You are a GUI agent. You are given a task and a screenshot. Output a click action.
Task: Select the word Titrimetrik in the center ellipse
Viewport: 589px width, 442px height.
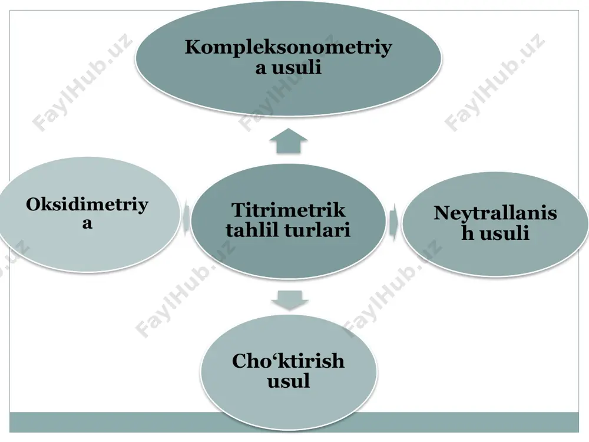(x=288, y=210)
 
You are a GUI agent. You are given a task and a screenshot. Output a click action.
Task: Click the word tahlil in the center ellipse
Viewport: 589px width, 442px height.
(x=253, y=230)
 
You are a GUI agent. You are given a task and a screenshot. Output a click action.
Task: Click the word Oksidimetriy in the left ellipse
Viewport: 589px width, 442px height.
(x=87, y=206)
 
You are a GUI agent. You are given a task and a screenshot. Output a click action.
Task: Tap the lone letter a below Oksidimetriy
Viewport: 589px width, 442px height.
(x=87, y=223)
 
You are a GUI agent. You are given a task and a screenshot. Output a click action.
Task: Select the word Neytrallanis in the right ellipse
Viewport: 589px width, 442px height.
(x=495, y=213)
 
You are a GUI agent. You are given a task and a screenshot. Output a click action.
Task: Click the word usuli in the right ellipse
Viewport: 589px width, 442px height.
(x=505, y=233)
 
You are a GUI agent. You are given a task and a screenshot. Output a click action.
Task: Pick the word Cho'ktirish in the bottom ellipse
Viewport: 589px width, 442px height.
(x=288, y=361)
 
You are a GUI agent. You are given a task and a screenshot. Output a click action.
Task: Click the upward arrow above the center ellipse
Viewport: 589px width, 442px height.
(x=289, y=141)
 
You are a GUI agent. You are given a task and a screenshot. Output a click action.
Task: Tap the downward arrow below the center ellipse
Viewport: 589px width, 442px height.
(x=290, y=300)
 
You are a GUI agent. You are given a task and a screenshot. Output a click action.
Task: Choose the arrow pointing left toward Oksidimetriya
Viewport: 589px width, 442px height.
(x=185, y=219)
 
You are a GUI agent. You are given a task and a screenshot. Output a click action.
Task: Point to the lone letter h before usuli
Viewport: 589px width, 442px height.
(x=468, y=233)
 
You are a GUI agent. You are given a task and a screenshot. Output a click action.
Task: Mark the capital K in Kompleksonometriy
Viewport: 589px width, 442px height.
(x=193, y=47)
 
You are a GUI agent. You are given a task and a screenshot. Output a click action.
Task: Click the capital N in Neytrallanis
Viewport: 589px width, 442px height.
(x=442, y=213)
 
